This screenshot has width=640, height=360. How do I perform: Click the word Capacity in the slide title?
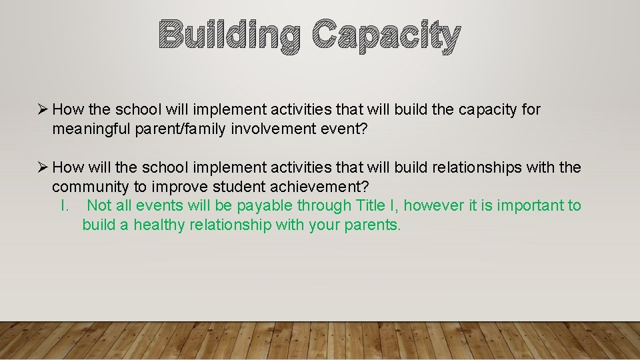(387, 36)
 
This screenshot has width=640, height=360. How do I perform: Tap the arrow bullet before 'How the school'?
(43, 109)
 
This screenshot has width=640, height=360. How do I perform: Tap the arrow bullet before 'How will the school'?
(43, 167)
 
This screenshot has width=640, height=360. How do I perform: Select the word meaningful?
(91, 129)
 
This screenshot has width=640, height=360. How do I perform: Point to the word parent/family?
(181, 129)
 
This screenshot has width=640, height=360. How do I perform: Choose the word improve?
(180, 187)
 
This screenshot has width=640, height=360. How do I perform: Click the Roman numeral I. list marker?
(65, 205)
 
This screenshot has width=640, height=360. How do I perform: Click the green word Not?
(99, 205)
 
